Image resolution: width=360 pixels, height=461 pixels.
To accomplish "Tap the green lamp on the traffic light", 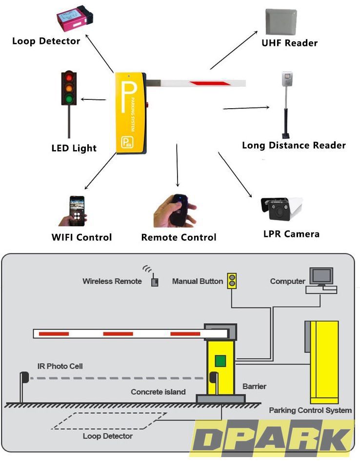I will click(x=69, y=99).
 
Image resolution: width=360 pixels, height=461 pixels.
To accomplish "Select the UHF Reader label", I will click(x=289, y=43).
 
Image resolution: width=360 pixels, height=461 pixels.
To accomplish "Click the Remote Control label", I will click(x=179, y=237).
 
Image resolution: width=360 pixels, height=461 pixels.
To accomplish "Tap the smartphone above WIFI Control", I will click(x=76, y=211).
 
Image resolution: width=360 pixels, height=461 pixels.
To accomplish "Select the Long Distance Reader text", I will click(x=294, y=145).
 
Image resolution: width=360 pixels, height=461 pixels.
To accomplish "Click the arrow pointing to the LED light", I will click(x=93, y=99).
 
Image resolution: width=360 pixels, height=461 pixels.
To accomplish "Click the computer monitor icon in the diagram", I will click(x=321, y=277).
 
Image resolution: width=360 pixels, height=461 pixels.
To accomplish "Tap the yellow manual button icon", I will click(x=232, y=281).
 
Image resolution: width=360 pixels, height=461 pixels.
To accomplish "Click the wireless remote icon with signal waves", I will click(x=154, y=281).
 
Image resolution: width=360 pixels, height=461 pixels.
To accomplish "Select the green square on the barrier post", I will click(x=220, y=361).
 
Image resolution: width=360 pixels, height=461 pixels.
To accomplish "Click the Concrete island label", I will click(x=158, y=392).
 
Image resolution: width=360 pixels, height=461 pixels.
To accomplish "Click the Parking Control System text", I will click(x=310, y=410).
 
